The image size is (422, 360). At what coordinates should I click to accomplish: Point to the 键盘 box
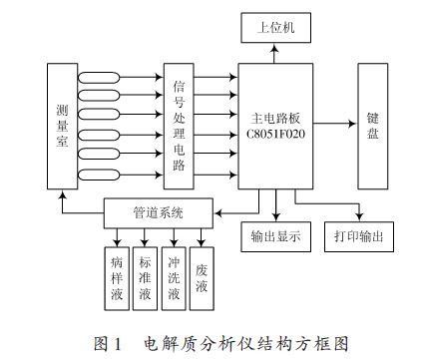(x=372, y=125)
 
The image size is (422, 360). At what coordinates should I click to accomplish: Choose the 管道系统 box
(x=159, y=212)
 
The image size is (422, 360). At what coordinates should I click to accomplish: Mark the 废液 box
(x=203, y=275)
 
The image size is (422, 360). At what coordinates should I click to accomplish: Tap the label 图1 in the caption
(x=107, y=344)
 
